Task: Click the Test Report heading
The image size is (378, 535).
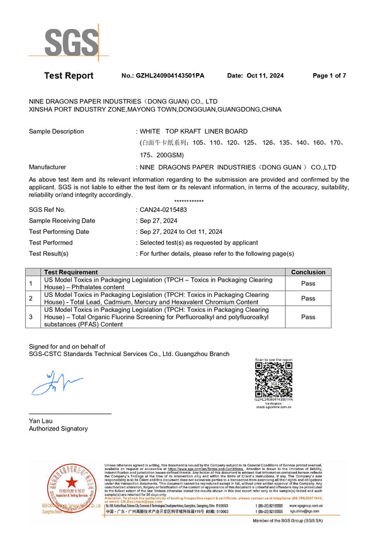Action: point(69,76)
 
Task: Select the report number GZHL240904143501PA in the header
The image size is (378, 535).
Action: point(170,76)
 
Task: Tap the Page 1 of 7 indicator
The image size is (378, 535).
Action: point(329,76)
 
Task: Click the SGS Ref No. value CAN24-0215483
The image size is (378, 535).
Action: point(163,209)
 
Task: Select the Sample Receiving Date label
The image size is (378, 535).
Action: point(62,221)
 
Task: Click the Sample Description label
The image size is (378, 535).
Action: point(56,132)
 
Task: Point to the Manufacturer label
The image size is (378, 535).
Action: point(47,167)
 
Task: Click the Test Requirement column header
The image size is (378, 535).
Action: point(71,272)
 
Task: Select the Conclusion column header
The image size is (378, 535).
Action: point(308,272)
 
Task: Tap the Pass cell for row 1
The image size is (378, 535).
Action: point(308,283)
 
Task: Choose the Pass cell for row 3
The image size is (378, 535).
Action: point(308,317)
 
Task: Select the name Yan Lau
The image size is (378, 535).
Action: point(41,420)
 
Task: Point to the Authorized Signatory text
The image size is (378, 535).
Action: point(59,429)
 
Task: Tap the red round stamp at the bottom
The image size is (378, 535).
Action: point(66,490)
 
